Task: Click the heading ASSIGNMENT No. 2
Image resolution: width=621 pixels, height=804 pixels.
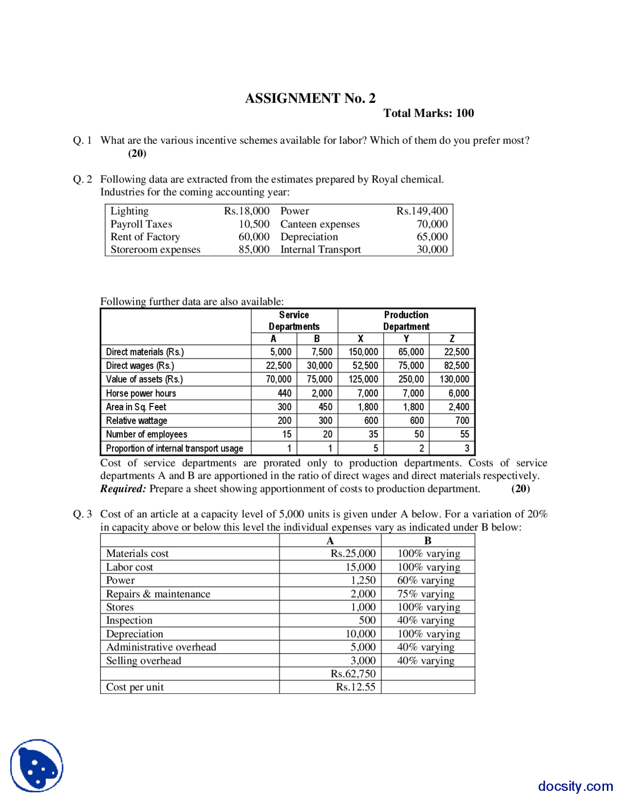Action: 310,99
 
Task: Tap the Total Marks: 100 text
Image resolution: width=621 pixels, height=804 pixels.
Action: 428,113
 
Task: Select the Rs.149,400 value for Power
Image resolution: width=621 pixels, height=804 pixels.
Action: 422,211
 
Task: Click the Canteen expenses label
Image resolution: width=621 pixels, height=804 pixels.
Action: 320,224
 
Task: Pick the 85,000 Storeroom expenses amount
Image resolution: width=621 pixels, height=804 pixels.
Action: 254,249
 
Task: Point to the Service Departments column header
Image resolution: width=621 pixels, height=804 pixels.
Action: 294,320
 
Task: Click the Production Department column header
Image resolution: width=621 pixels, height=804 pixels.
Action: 406,320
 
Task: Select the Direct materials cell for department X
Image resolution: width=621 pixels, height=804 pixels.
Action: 363,352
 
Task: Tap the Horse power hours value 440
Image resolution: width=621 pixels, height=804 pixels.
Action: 284,393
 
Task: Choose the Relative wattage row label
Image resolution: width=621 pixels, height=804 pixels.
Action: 136,420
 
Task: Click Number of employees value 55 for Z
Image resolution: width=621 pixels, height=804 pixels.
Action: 464,434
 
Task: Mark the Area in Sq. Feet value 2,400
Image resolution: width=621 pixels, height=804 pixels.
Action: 458,407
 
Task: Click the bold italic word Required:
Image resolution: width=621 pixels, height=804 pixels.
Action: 123,488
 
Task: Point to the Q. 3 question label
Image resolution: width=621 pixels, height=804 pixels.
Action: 82,514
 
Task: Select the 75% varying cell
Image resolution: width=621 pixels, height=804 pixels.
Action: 425,594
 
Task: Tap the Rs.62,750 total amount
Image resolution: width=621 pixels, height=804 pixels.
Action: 353,673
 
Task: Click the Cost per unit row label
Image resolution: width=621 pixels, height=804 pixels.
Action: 135,687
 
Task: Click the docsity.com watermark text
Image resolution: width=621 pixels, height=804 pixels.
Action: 575,786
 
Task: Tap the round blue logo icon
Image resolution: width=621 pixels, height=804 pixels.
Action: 37,765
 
